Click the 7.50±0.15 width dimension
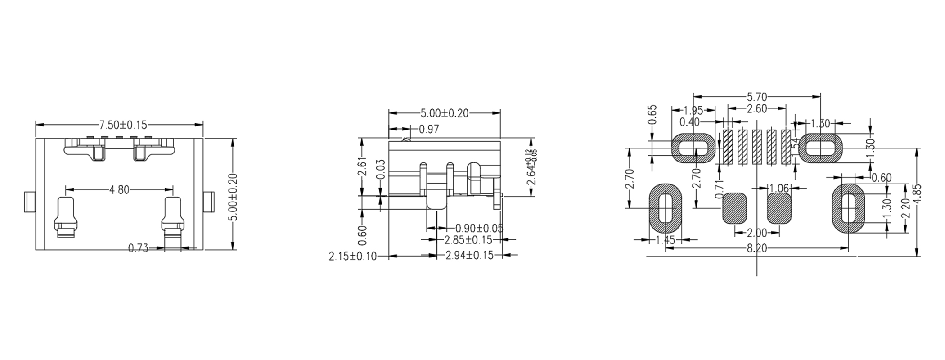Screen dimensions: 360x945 click(x=119, y=124)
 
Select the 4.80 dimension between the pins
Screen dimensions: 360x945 click(x=119, y=190)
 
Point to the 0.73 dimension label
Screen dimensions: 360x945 click(x=138, y=248)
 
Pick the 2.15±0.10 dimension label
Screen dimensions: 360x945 click(x=352, y=257)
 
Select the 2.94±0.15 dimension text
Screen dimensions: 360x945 click(x=469, y=256)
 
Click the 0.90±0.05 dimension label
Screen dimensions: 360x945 click(x=479, y=228)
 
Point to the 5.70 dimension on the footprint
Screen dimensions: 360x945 click(x=757, y=97)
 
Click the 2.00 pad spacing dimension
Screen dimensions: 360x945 click(x=757, y=233)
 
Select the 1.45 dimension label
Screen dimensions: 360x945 click(x=666, y=240)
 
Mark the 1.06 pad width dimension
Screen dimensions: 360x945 click(x=779, y=188)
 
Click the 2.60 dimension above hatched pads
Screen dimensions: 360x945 click(x=757, y=109)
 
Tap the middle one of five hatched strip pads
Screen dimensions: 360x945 click(x=757, y=147)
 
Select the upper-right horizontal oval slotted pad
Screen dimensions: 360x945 click(x=820, y=148)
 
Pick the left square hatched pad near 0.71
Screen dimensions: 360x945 click(x=734, y=208)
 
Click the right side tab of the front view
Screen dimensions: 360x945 click(x=208, y=202)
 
